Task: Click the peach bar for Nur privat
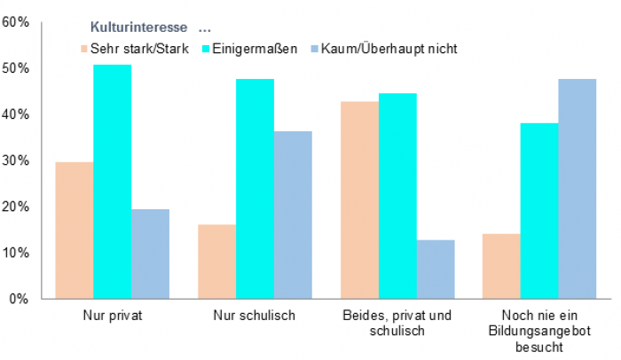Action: click(x=74, y=231)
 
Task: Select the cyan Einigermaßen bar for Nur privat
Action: click(x=112, y=182)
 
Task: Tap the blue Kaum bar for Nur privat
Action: click(x=150, y=254)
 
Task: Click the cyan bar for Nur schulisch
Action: click(x=255, y=189)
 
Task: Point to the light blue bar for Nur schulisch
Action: click(x=293, y=215)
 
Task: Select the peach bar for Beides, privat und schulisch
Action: click(x=359, y=200)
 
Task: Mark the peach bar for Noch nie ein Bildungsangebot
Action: click(x=501, y=266)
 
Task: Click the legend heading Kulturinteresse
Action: click(x=139, y=28)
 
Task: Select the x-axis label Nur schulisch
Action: click(x=255, y=316)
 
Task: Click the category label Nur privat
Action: click(x=112, y=316)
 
